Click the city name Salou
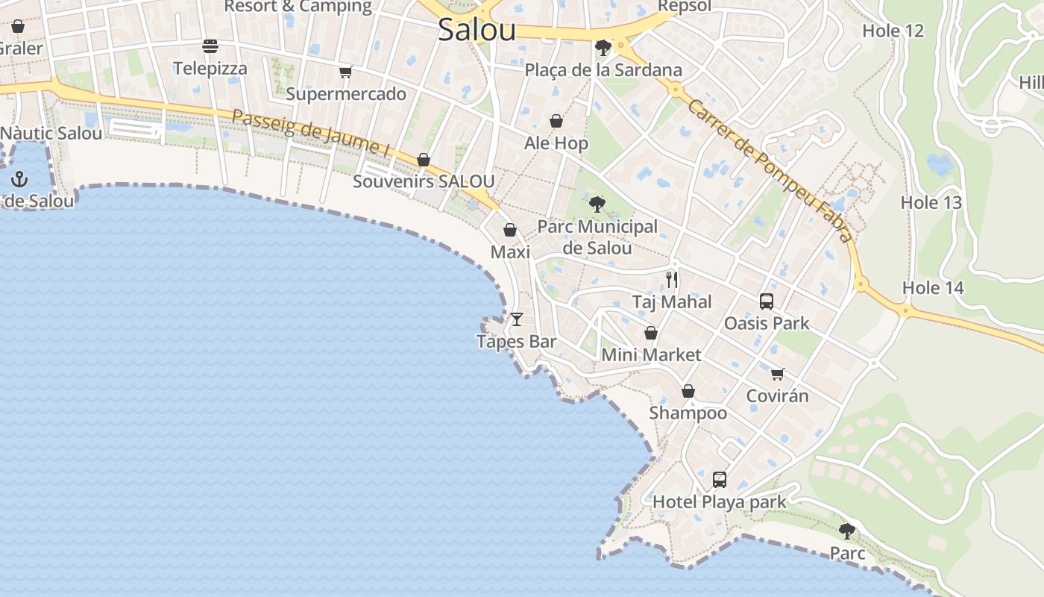(x=477, y=30)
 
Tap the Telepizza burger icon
(x=210, y=46)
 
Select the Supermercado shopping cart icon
(x=345, y=72)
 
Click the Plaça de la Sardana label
(x=603, y=70)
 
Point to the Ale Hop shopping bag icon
(x=556, y=121)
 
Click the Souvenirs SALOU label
(x=423, y=181)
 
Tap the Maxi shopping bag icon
(x=510, y=230)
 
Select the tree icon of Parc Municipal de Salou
(x=597, y=204)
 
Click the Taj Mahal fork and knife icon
(x=672, y=280)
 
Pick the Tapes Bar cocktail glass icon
(x=516, y=319)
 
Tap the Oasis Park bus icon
(x=767, y=301)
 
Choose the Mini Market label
(x=651, y=354)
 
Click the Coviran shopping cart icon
(x=778, y=374)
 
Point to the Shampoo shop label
(x=688, y=413)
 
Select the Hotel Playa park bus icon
(x=720, y=480)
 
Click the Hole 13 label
(x=931, y=202)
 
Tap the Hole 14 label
(x=933, y=287)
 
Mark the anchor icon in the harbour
(x=20, y=179)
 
